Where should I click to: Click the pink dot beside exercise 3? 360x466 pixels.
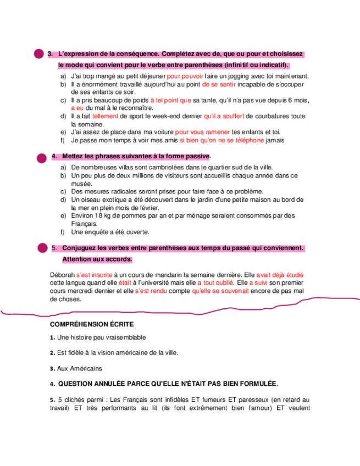pos(38,53)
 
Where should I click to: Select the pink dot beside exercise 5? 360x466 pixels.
pos(42,249)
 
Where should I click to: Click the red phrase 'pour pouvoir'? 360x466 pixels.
pos(185,76)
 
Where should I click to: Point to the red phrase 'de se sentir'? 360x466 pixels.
pos(219,85)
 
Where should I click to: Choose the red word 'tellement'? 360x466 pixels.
pos(105,116)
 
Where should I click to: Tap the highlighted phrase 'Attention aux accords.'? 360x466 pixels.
pos(97,259)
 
